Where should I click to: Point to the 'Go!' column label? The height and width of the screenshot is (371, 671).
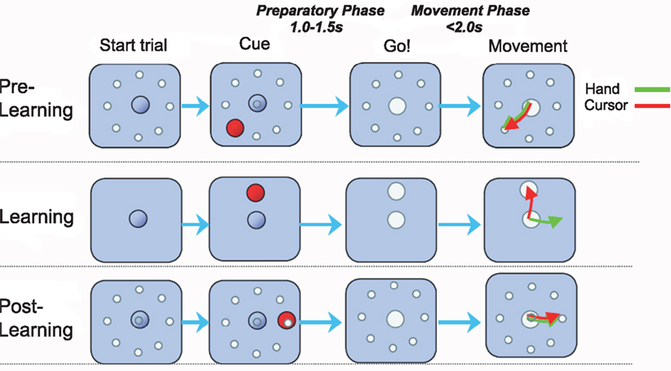[x=398, y=45]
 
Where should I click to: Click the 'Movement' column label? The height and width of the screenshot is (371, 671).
[x=528, y=45]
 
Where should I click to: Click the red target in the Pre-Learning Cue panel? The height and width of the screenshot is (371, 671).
[x=236, y=128]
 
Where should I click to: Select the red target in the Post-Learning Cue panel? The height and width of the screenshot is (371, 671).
[x=286, y=320]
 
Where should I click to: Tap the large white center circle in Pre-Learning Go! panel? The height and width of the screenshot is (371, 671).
[x=398, y=106]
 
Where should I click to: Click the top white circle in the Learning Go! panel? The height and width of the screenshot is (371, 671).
[x=397, y=191]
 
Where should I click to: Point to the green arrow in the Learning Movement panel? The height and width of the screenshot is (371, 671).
[x=546, y=221]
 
